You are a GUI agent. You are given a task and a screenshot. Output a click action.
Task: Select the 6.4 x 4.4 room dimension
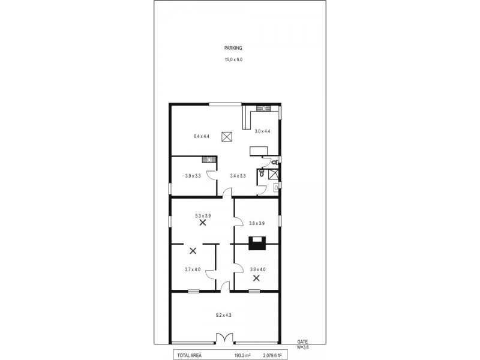(x=202, y=136)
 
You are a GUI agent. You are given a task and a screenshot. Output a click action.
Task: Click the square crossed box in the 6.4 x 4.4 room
(x=227, y=137)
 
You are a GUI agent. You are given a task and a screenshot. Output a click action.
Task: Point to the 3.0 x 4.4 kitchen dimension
(x=263, y=131)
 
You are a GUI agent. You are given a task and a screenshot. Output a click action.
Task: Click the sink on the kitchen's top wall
(x=262, y=108)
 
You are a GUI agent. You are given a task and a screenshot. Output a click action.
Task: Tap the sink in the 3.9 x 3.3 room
(x=208, y=159)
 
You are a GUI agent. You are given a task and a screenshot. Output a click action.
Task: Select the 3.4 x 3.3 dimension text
(x=239, y=176)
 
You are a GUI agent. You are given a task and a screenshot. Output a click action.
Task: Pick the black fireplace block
(x=257, y=243)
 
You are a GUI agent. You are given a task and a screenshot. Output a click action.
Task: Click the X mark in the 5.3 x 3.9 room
(x=203, y=222)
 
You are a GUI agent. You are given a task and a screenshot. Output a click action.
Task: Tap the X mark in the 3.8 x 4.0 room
(x=256, y=278)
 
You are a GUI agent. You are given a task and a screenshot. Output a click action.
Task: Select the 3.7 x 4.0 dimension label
(x=193, y=269)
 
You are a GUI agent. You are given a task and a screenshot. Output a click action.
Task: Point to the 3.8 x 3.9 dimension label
(x=257, y=223)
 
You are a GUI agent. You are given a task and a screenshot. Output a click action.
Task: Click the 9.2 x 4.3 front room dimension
(x=224, y=314)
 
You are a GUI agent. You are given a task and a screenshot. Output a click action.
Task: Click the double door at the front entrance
(x=225, y=338)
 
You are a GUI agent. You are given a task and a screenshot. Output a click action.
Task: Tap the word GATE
(x=303, y=341)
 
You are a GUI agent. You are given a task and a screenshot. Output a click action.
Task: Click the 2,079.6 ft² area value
(x=272, y=355)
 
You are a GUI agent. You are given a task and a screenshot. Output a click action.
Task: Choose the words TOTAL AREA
(x=190, y=355)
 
